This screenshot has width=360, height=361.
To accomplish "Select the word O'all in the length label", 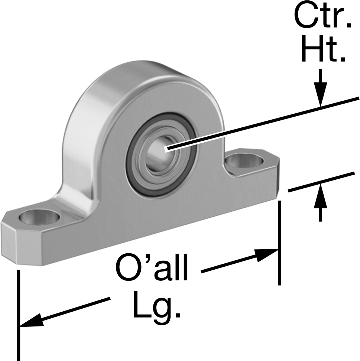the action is pyautogui.click(x=152, y=267).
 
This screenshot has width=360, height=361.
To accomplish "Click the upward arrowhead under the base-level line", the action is pyautogui.click(x=320, y=196).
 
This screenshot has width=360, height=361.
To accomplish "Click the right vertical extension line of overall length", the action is pyautogui.click(x=279, y=243).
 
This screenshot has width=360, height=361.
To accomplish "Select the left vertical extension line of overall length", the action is pyautogui.click(x=19, y=315).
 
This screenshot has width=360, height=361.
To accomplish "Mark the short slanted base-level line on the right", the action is pyautogui.click(x=321, y=182).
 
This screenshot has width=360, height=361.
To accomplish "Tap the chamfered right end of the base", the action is pyautogui.click(x=277, y=177).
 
